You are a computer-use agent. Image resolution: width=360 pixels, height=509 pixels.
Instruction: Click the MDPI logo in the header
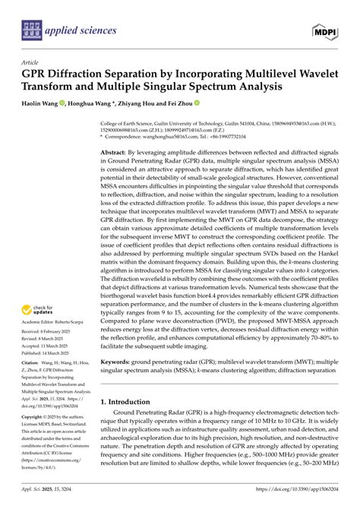coord(325,30)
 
